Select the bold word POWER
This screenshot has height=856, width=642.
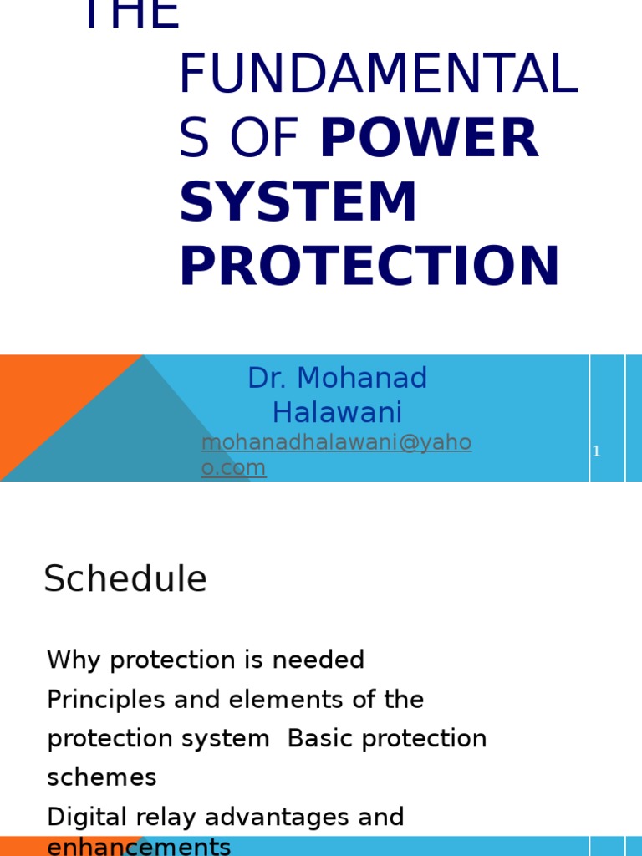point(429,138)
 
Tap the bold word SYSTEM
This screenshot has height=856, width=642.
point(298,202)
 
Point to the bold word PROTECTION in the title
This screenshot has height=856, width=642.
point(369,267)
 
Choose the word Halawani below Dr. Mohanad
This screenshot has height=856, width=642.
point(337,412)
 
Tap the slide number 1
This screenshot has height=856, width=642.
point(596,451)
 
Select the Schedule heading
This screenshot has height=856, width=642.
point(125,578)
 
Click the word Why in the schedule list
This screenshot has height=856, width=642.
point(75,660)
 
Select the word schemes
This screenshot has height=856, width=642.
point(102,777)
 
